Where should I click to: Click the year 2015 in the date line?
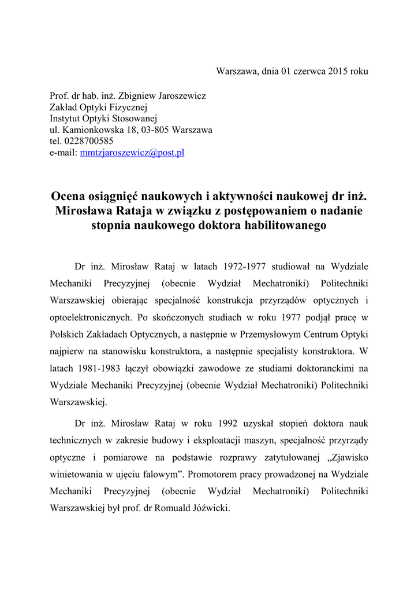click(339, 72)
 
